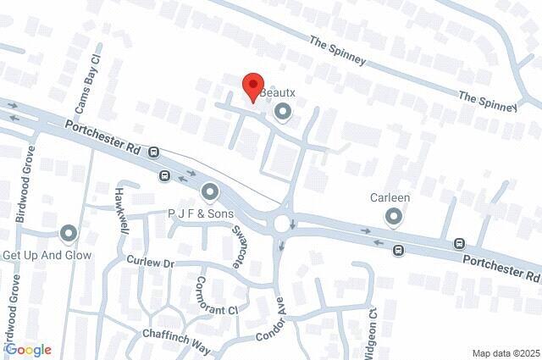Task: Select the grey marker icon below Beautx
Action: pos(283,111)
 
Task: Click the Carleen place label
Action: pos(390,198)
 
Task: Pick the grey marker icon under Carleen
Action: pos(393,218)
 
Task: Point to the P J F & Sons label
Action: pos(200,214)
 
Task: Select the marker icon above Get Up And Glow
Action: pos(68,233)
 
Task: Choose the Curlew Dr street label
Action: pos(150,263)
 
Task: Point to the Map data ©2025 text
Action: pos(505,352)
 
